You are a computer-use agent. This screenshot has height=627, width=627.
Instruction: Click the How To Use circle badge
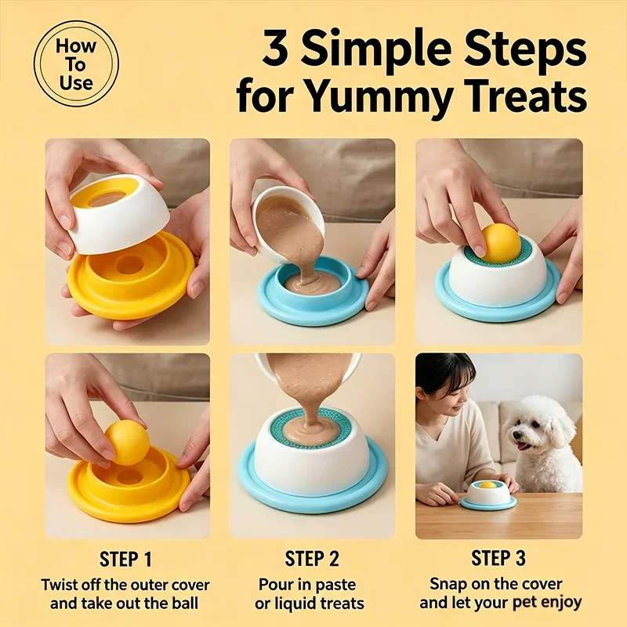click(76, 64)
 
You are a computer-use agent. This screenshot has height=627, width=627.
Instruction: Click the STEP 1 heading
click(125, 559)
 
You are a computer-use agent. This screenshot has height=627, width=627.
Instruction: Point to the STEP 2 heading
click(312, 558)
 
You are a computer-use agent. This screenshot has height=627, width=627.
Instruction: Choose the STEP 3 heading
click(498, 558)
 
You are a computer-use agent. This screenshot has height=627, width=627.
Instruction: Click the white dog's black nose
click(516, 437)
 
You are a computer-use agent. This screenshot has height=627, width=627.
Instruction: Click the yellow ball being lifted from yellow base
click(128, 442)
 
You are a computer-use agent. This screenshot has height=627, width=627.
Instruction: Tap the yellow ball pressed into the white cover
click(501, 242)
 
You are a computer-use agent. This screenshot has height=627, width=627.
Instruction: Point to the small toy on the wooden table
click(487, 495)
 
